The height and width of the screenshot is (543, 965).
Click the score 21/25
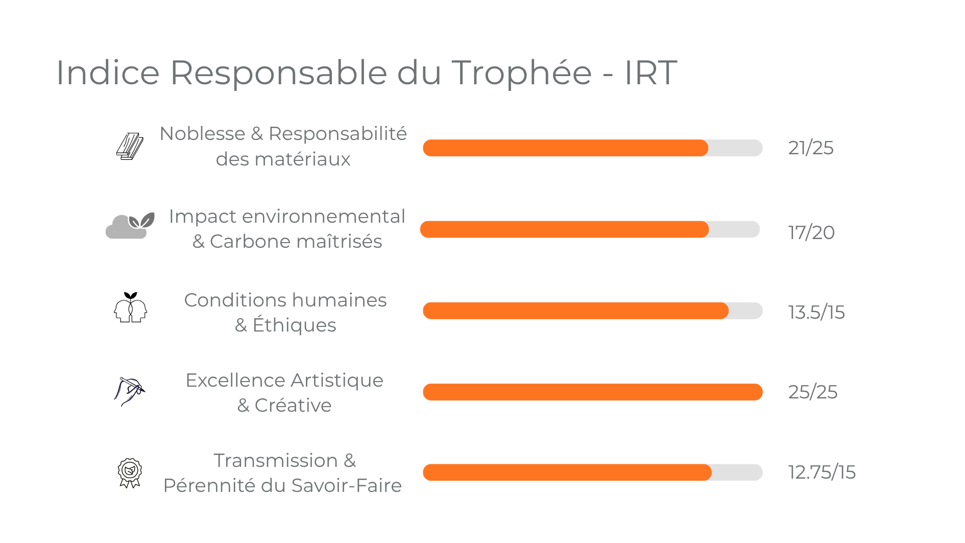coord(810,148)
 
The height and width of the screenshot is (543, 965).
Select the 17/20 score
coord(811,232)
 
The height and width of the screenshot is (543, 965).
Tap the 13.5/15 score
coord(816,312)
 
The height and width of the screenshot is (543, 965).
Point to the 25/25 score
coord(812,392)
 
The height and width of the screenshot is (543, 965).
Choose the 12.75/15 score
coord(821,472)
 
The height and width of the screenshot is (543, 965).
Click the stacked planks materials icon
coord(130,147)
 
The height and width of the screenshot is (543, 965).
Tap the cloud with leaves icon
coord(130,226)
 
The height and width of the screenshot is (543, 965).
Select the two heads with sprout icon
coord(130,308)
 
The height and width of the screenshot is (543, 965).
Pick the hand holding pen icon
coord(129,391)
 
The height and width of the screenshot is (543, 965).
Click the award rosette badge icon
coord(130,473)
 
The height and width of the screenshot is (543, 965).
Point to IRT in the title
coord(650,73)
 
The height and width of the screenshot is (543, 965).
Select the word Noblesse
coord(202,134)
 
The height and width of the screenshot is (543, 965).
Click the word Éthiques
coord(294,325)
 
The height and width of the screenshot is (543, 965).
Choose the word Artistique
coord(337,381)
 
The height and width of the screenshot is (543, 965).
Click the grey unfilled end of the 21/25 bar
coord(735,148)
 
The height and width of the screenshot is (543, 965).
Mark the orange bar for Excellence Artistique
coord(592,392)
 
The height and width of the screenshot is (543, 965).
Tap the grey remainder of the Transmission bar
coord(736,473)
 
